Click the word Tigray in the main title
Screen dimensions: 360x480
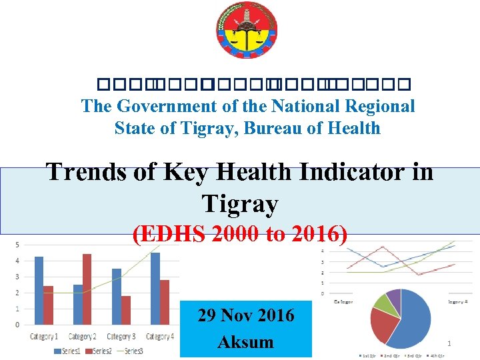point(239,203)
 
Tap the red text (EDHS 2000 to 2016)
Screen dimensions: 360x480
point(239,235)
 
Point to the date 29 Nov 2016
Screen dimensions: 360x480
point(245,315)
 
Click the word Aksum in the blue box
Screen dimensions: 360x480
point(245,342)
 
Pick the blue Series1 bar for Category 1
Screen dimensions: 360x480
point(39,290)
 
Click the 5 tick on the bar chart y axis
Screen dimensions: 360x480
point(17,245)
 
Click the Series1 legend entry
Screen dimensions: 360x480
point(67,351)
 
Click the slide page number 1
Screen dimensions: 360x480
point(449,344)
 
